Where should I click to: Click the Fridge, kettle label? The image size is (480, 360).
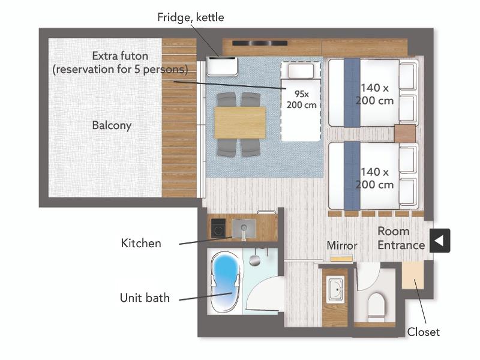click(190, 17)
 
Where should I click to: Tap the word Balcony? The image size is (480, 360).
click(112, 125)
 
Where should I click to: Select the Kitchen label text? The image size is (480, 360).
click(141, 243)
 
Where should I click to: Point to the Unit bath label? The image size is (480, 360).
click(145, 298)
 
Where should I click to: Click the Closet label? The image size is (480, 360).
click(424, 332)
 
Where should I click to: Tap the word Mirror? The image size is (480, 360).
click(342, 245)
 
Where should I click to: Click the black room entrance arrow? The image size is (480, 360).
click(440, 241)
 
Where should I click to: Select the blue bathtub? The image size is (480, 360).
click(225, 282)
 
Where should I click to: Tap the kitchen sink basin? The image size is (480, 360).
click(244, 229)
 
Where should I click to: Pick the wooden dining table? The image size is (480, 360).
click(240, 122)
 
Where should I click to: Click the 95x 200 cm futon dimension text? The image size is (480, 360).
click(302, 99)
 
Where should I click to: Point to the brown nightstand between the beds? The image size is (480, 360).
click(405, 134)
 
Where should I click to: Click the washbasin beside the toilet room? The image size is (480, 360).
click(335, 289)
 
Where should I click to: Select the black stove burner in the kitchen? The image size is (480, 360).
click(218, 228)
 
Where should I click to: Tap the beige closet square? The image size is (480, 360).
click(413, 275)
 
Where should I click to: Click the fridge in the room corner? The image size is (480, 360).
click(222, 66)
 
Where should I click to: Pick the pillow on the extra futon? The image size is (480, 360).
click(301, 71)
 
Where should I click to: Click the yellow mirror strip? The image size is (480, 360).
click(342, 259)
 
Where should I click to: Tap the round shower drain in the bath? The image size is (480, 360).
click(254, 260)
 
